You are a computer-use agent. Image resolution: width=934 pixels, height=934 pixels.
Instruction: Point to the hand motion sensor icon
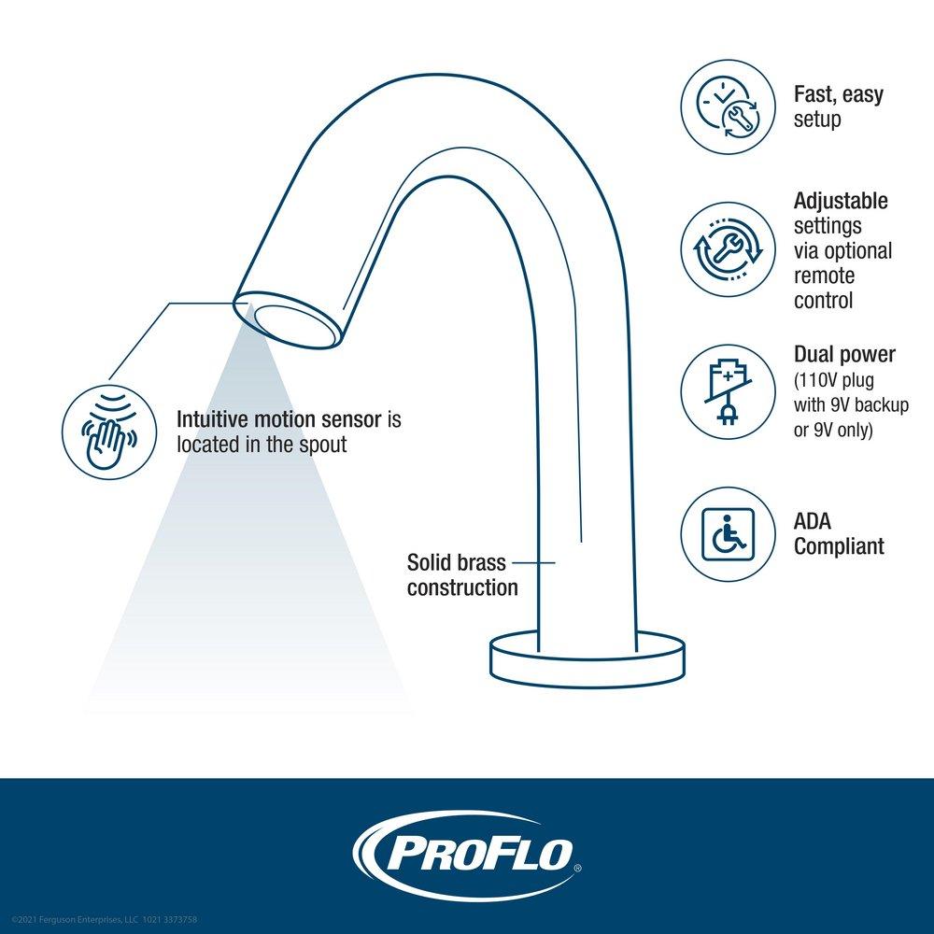pyautogui.click(x=109, y=432)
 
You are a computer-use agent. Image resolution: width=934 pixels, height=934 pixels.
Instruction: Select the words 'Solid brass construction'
pyautogui.click(x=461, y=575)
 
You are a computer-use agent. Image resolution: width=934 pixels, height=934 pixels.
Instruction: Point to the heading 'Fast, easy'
pyautogui.click(x=838, y=94)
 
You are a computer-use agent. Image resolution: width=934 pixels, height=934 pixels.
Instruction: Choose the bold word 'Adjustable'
pyautogui.click(x=841, y=201)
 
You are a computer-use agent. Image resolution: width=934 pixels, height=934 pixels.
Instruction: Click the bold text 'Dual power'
pyautogui.click(x=844, y=355)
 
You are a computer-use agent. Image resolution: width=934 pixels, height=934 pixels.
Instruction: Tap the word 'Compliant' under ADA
pyautogui.click(x=839, y=547)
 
